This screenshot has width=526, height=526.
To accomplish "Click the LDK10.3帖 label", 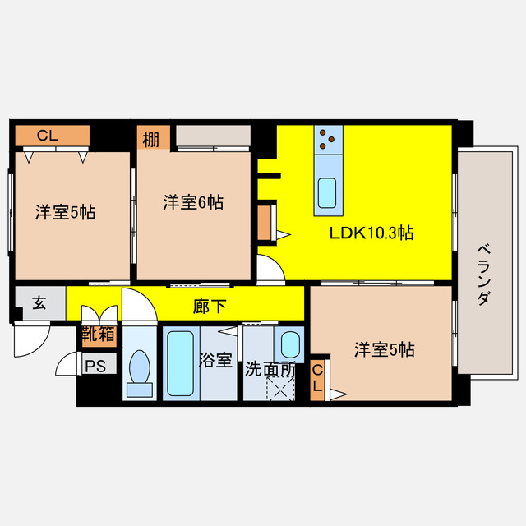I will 371,233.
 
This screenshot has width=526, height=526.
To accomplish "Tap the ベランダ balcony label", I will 484,275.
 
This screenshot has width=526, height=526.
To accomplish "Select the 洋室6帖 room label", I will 193,201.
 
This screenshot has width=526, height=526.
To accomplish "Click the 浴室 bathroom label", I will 216,361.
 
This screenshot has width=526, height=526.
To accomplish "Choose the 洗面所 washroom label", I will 270,369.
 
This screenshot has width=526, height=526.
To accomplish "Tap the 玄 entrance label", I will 39,302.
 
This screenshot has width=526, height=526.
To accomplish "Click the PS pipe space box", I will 95,367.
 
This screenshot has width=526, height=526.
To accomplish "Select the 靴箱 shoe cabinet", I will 98,335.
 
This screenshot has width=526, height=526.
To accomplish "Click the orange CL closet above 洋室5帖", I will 52,136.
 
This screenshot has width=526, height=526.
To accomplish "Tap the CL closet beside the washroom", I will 317,379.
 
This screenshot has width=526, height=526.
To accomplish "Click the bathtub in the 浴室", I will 179,362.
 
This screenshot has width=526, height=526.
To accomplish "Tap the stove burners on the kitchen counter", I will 328,140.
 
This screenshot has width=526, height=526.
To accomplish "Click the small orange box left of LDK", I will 265,222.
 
